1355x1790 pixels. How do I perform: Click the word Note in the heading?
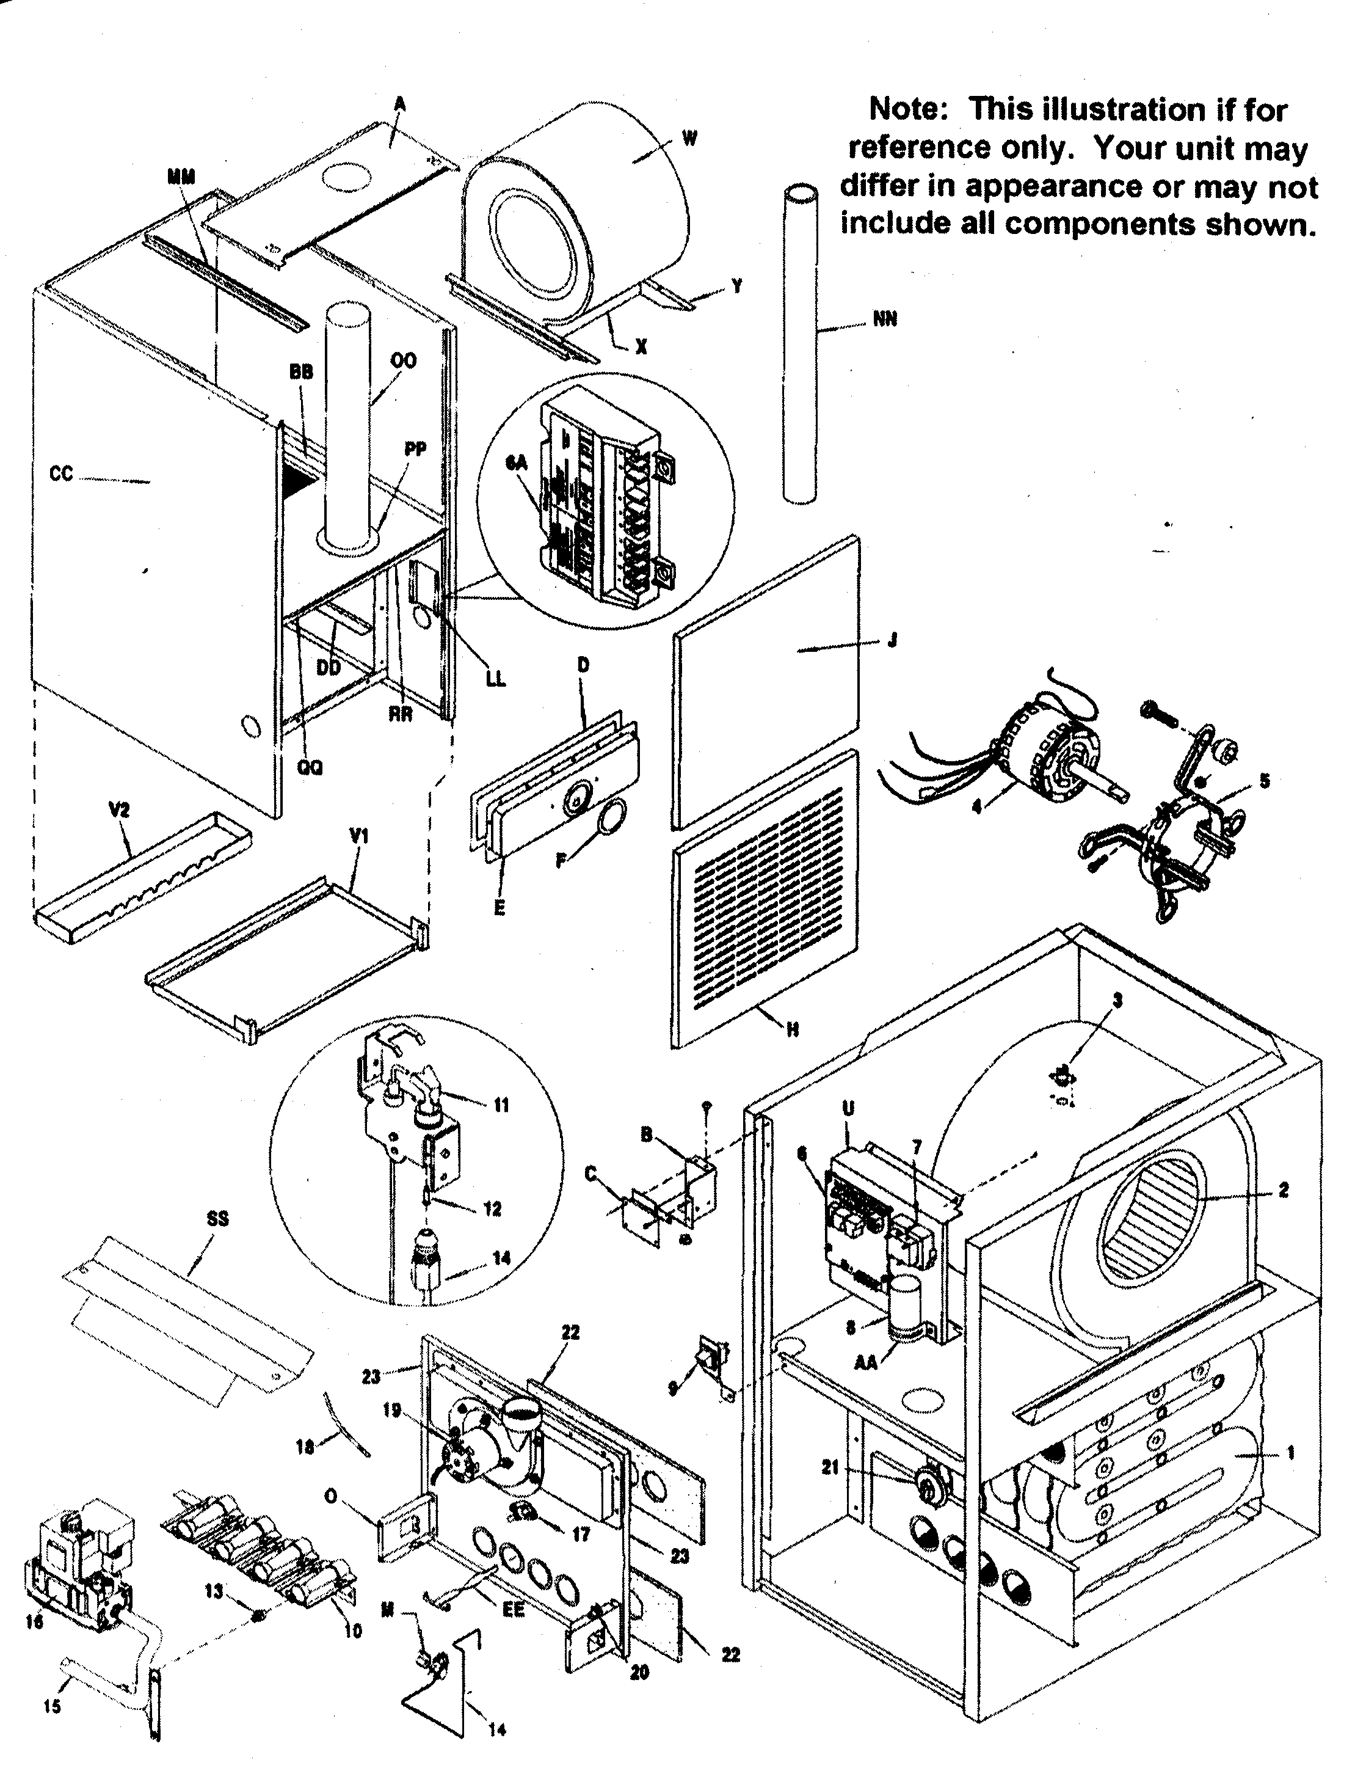906,109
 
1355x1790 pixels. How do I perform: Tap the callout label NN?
885,320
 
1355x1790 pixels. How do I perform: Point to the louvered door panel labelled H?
765,898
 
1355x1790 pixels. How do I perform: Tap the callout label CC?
62,474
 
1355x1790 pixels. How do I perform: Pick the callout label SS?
217,1219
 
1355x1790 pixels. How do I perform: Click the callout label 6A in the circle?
516,462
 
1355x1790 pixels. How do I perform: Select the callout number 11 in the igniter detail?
501,1105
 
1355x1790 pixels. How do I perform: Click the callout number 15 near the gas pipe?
52,1707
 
